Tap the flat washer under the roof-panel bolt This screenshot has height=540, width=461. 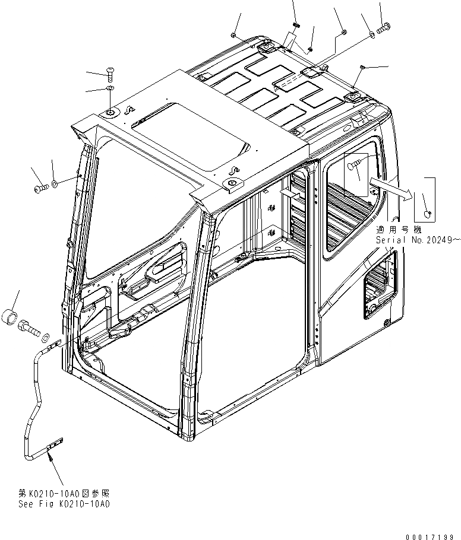110,89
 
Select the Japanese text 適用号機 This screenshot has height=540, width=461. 392,229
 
